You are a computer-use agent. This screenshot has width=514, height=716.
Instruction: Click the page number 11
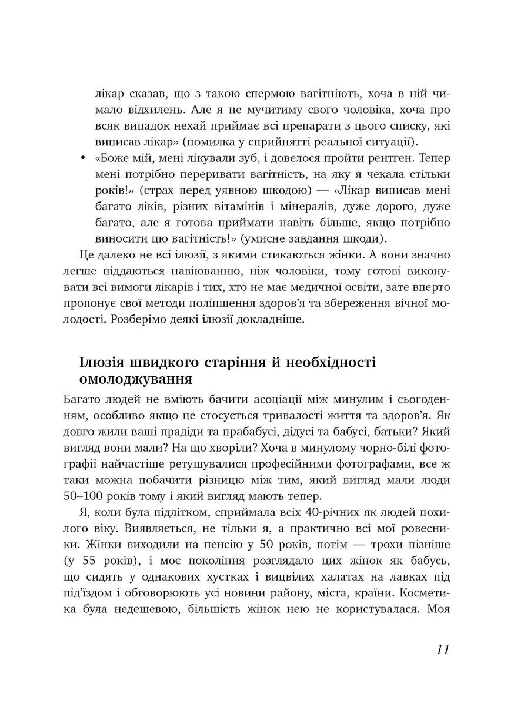point(443,651)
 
